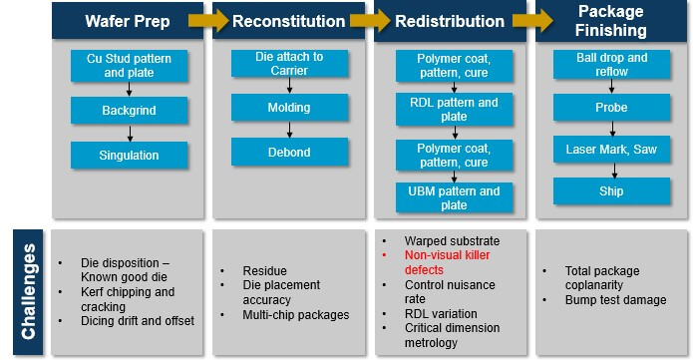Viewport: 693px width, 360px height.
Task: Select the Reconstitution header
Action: coord(289,20)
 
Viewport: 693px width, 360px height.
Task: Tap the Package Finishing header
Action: coord(611,19)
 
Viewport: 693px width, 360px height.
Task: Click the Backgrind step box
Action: coord(128,111)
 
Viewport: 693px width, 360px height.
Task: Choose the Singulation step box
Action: coord(128,155)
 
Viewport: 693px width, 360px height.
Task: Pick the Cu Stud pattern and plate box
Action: coord(128,66)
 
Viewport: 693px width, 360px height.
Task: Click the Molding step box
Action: coord(290,107)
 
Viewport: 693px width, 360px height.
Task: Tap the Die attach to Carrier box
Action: coord(290,64)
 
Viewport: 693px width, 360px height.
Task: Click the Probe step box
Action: coord(610,106)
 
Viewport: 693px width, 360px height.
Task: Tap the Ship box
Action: coord(610,190)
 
